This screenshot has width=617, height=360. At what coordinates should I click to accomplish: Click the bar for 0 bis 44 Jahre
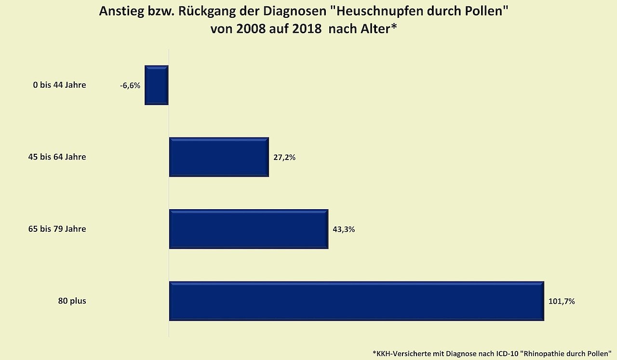point(157,85)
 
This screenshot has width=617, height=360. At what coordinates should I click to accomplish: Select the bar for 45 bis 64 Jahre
point(219,157)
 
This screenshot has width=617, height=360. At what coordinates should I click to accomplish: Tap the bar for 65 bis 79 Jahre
point(249,229)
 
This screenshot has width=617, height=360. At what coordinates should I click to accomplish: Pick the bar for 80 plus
point(357,301)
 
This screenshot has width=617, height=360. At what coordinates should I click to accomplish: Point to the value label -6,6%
point(130,86)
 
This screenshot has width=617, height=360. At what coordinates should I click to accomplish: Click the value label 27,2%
point(284,158)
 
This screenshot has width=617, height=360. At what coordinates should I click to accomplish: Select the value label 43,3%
point(344,229)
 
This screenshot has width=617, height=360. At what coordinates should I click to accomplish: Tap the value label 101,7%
point(562,302)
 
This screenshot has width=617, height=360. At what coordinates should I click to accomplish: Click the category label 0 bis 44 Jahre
point(59,85)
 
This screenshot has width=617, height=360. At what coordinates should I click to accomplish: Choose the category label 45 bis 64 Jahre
point(57,157)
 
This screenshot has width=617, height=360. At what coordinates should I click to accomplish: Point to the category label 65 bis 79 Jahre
point(57,229)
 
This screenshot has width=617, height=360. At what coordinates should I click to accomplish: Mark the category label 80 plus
point(72,301)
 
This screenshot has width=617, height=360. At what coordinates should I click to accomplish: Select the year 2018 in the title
point(306,28)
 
